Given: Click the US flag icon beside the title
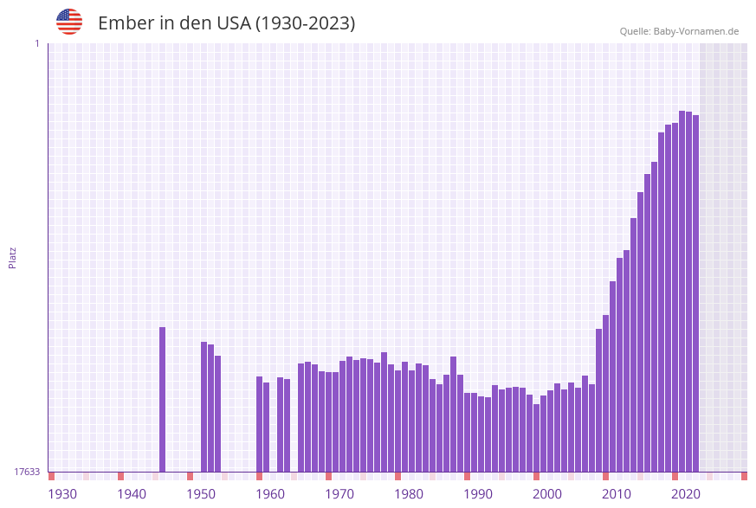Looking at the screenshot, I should pyautogui.click(x=69, y=22).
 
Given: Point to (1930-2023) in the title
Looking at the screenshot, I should pyautogui.click(x=305, y=23).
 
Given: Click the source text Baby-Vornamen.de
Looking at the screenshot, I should pyautogui.click(x=696, y=31).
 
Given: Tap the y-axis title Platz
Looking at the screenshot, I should pyautogui.click(x=13, y=257).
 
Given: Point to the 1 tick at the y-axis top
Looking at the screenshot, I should pyautogui.click(x=36, y=43).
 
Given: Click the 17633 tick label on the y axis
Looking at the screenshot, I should pyautogui.click(x=27, y=472).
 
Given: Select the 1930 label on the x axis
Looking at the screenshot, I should pyautogui.click(x=62, y=493).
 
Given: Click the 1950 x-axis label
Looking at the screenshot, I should pyautogui.click(x=201, y=493).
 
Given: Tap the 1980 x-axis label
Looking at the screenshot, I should pyautogui.click(x=409, y=493).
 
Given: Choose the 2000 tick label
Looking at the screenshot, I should pyautogui.click(x=547, y=493).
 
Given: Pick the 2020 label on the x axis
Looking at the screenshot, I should pyautogui.click(x=686, y=493).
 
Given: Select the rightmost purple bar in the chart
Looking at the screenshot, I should pyautogui.click(x=695, y=294).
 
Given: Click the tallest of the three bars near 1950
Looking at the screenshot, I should pyautogui.click(x=204, y=407).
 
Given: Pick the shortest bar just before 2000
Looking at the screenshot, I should pyautogui.click(x=536, y=438).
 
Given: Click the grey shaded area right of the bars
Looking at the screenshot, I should pyautogui.click(x=723, y=260).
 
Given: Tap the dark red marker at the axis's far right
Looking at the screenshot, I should pyautogui.click(x=744, y=476).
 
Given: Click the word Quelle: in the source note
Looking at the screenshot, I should pyautogui.click(x=635, y=31).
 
